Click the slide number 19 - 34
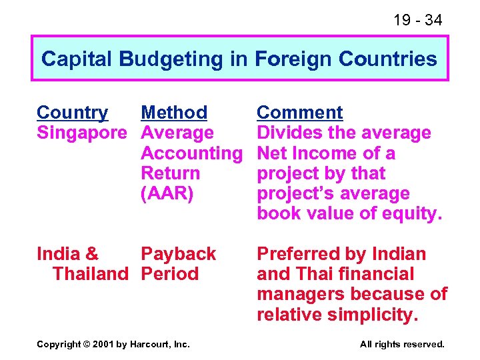point(417,21)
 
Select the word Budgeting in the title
point(172,59)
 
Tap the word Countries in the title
point(387,59)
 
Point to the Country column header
point(72,113)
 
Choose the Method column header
point(174,113)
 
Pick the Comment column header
point(299,113)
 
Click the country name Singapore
point(81,133)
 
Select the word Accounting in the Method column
point(191,153)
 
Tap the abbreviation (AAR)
point(168,193)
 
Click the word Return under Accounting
point(170,173)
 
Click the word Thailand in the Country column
point(89,274)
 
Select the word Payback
point(178,254)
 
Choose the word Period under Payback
point(169,274)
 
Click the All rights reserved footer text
point(401,345)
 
